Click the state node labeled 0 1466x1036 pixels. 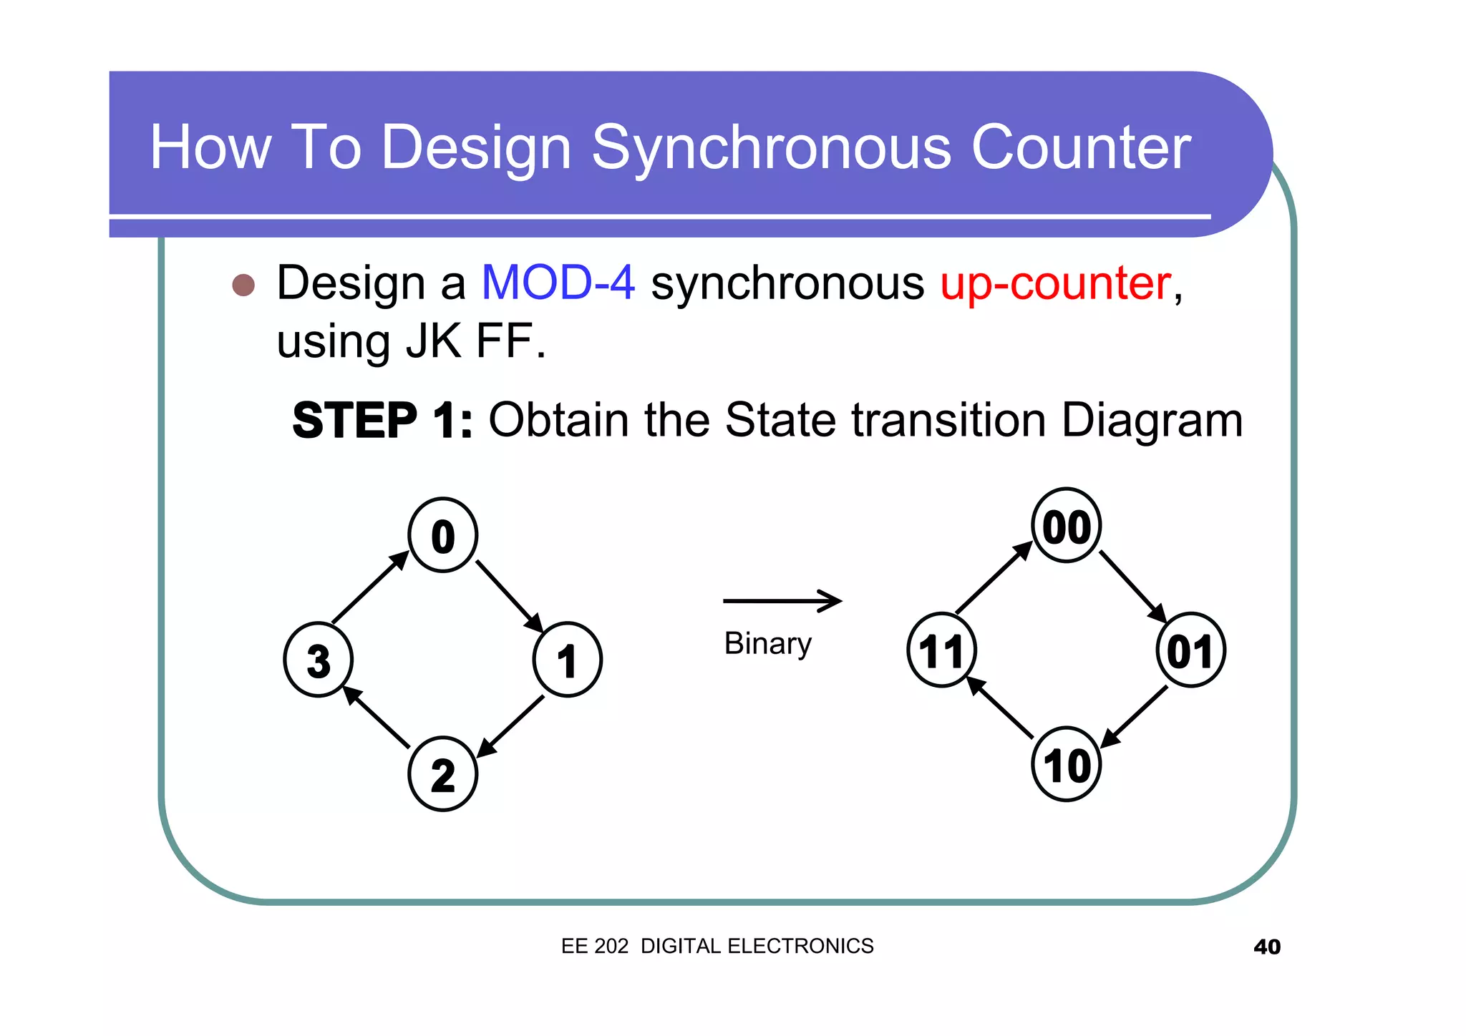442,535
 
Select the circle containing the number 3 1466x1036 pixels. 318,660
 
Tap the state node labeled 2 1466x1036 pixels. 442,774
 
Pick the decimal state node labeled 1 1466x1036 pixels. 567,660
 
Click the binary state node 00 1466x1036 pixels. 1066,526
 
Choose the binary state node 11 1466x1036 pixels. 941,650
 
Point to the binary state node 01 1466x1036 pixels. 1190,650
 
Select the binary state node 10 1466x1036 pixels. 1066,765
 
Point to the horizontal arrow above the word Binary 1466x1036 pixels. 782,601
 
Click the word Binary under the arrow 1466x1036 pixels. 767,643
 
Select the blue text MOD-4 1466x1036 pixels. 558,283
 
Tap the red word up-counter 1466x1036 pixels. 1055,284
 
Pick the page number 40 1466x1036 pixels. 1266,947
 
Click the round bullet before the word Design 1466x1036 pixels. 243,285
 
